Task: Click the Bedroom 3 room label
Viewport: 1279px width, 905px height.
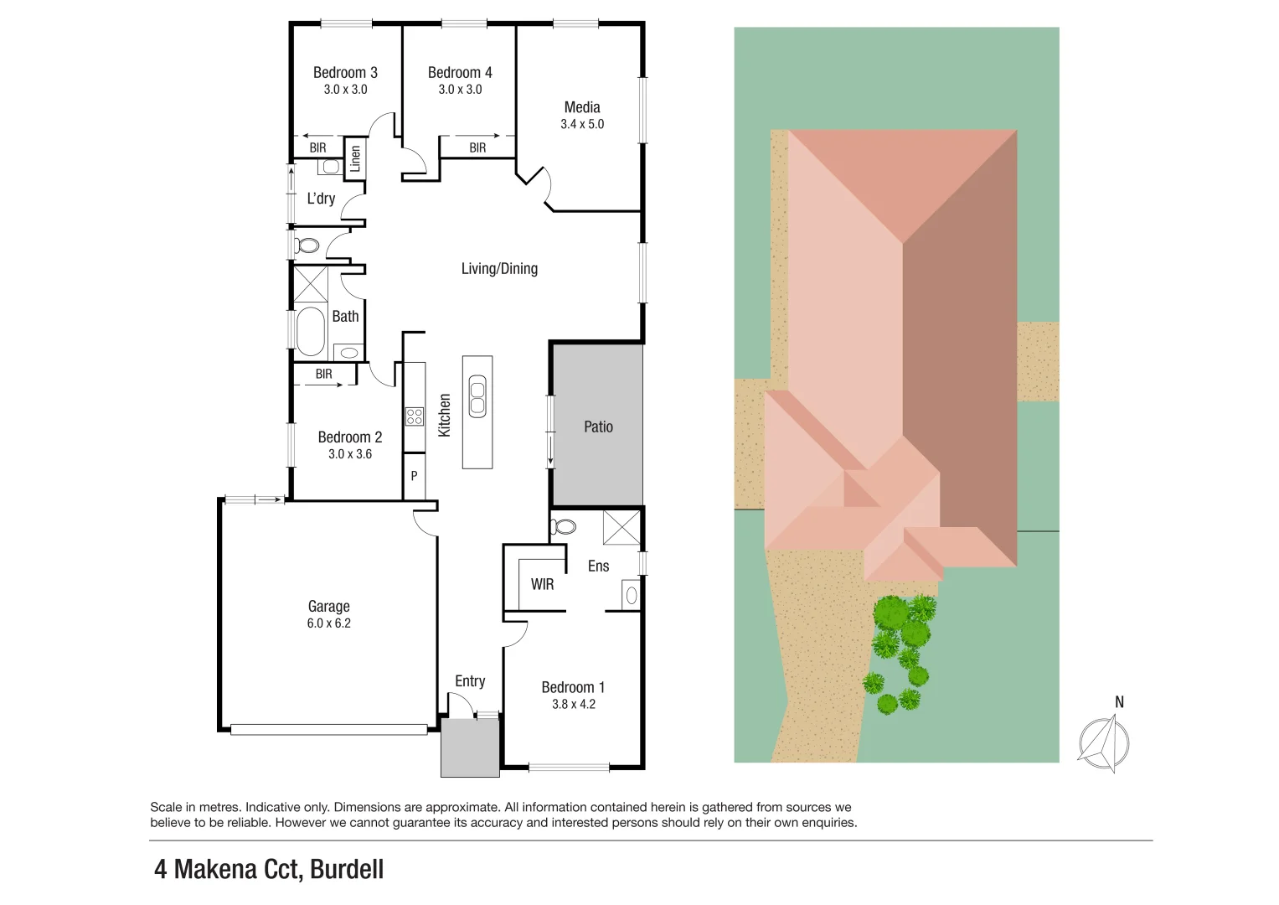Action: (x=345, y=73)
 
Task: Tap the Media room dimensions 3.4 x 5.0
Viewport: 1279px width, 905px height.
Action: (x=582, y=124)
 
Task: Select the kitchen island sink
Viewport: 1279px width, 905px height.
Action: (x=477, y=396)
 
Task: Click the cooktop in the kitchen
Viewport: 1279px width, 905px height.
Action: (x=414, y=416)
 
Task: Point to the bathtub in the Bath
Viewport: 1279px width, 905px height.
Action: (x=311, y=331)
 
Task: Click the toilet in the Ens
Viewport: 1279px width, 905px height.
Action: (x=564, y=527)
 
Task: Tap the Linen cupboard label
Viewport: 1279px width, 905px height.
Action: (x=355, y=158)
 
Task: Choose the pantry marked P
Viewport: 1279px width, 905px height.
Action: (x=414, y=476)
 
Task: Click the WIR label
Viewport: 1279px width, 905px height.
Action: (x=542, y=584)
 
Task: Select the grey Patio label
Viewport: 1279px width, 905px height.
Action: (x=598, y=427)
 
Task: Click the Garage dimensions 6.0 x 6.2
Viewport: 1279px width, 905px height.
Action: (x=328, y=623)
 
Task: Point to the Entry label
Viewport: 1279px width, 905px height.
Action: (x=470, y=681)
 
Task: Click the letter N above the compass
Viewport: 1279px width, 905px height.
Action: (x=1119, y=702)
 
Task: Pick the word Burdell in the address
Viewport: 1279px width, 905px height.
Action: (x=347, y=869)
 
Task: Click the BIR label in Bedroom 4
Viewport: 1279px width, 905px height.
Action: (x=477, y=147)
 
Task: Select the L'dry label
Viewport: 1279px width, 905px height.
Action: (x=321, y=199)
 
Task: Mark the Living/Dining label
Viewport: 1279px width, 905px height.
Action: (x=499, y=268)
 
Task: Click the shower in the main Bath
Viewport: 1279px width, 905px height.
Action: (x=310, y=283)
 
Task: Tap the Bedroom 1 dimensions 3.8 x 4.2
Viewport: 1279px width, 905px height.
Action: (x=573, y=704)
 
